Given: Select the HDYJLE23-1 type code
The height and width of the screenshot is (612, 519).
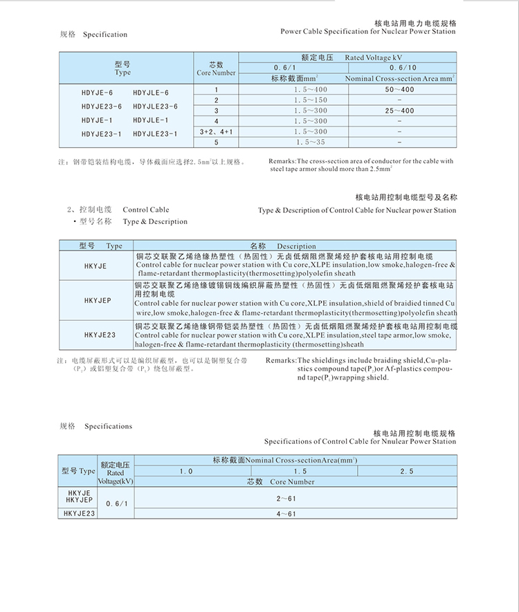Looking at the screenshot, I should (155, 133).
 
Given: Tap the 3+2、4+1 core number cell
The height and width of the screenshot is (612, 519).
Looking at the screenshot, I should (216, 131).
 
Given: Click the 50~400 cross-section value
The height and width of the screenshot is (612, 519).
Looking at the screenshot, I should (399, 90).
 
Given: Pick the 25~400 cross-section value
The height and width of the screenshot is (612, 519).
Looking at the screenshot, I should (399, 111).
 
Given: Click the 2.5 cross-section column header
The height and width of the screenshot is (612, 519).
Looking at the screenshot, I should (406, 471).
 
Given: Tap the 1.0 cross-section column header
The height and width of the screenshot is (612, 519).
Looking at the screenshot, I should (186, 471).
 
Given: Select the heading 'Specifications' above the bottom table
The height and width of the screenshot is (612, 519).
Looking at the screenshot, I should (108, 427).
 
